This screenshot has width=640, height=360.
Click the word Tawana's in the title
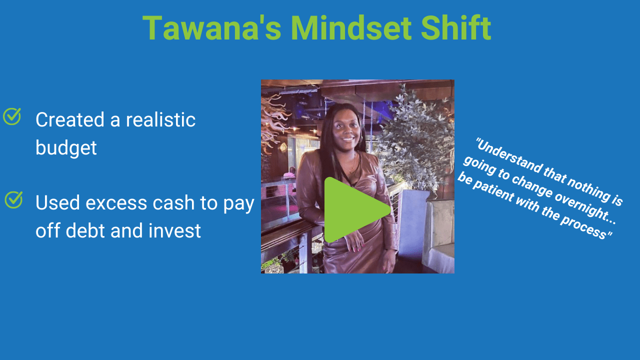[x=212, y=28]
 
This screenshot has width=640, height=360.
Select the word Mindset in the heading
[x=351, y=28]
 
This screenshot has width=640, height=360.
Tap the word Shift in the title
[x=456, y=27]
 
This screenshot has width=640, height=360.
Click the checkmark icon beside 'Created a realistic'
[x=12, y=116]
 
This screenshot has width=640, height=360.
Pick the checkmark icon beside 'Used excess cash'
[x=13, y=199]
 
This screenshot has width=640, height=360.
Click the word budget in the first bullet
[x=66, y=147]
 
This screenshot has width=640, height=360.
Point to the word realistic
[x=160, y=119]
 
